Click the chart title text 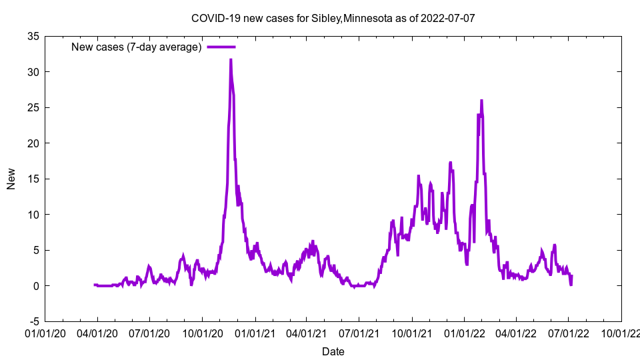333,18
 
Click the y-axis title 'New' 11,178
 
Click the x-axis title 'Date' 333,351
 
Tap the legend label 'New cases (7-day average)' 137,47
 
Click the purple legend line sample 221,47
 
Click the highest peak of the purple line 231,60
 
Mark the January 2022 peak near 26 481,101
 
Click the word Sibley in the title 325,18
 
